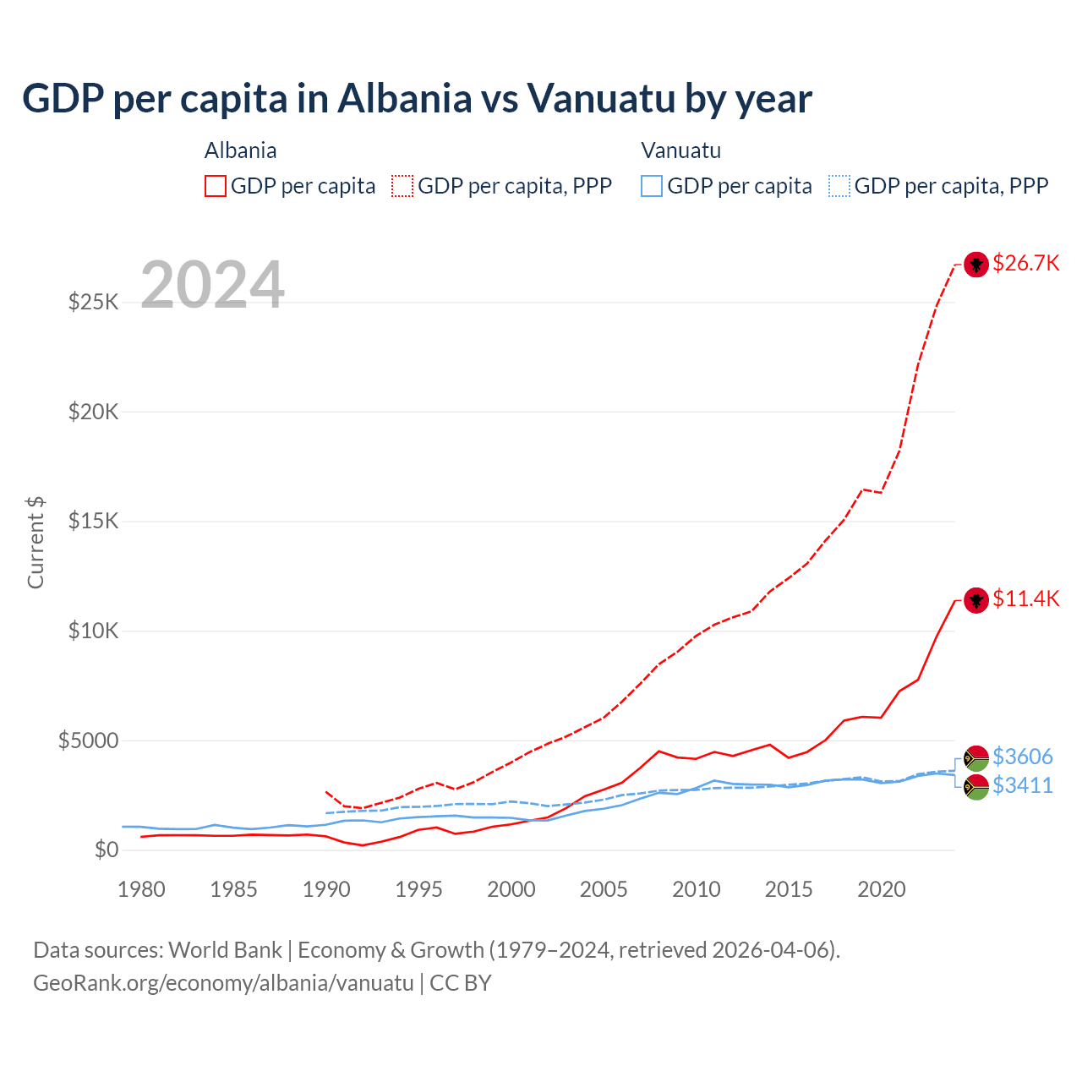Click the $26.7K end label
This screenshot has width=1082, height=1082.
(1025, 264)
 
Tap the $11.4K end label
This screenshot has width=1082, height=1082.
(1025, 599)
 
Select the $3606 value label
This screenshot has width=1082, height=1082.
(1022, 757)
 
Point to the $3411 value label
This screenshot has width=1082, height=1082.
(1022, 786)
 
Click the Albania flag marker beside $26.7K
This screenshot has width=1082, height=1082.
(976, 265)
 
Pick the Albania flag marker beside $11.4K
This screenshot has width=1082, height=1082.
(976, 600)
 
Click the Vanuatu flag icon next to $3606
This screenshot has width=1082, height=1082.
(976, 758)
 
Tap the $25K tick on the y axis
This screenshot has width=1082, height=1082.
(94, 302)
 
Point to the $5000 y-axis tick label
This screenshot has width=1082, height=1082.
(89, 741)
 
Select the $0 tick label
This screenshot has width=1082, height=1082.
(106, 850)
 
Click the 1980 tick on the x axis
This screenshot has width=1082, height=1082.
(141, 889)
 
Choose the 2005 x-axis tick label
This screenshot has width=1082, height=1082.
(604, 889)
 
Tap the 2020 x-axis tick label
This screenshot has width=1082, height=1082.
(881, 889)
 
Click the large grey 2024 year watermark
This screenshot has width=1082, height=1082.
(212, 285)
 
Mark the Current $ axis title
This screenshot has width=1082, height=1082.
(36, 543)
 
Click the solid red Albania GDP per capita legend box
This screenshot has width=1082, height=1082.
(216, 186)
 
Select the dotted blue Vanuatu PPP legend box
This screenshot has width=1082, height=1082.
(839, 186)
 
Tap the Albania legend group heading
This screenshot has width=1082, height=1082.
(241, 150)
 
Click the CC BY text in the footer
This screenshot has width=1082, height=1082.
(461, 983)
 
